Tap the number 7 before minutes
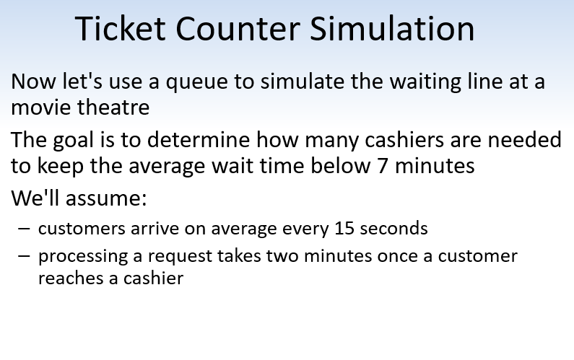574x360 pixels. click(383, 166)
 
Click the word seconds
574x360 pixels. click(395, 229)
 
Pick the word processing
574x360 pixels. click(79, 257)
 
